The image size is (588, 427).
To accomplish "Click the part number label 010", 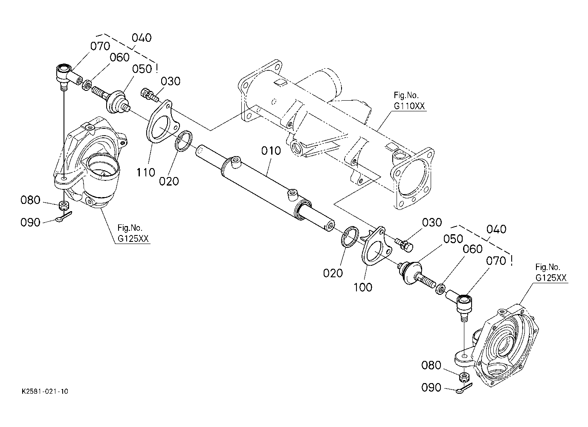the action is (x=271, y=151).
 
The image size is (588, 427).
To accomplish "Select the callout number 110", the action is (x=146, y=172).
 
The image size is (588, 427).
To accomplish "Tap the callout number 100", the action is (x=363, y=287).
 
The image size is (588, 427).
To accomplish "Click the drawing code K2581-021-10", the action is (x=45, y=392).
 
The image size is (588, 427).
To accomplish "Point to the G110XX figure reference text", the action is (x=409, y=106).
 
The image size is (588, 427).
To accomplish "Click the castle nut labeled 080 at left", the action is (x=64, y=205).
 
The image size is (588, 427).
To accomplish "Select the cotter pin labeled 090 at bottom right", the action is (x=464, y=389).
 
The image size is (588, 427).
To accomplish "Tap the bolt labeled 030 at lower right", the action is (x=404, y=245).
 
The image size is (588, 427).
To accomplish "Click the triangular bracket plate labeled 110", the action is (x=162, y=121).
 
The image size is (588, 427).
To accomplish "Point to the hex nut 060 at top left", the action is (x=87, y=85).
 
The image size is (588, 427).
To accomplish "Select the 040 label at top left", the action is (x=142, y=38).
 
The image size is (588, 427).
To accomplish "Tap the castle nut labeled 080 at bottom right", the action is (x=464, y=377).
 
